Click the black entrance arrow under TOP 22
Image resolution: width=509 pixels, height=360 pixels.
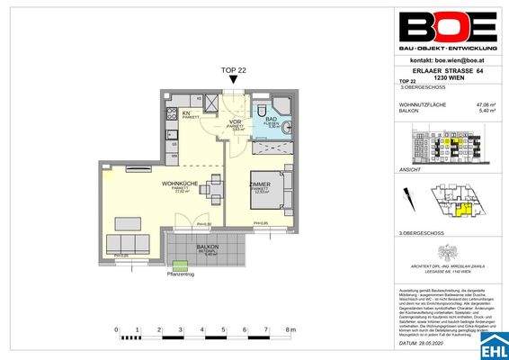click(234, 82)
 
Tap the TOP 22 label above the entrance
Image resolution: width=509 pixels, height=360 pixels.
click(234, 69)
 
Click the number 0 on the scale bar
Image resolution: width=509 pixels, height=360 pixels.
click(118, 330)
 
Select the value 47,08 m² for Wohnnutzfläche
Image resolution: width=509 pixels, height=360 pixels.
click(484, 106)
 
